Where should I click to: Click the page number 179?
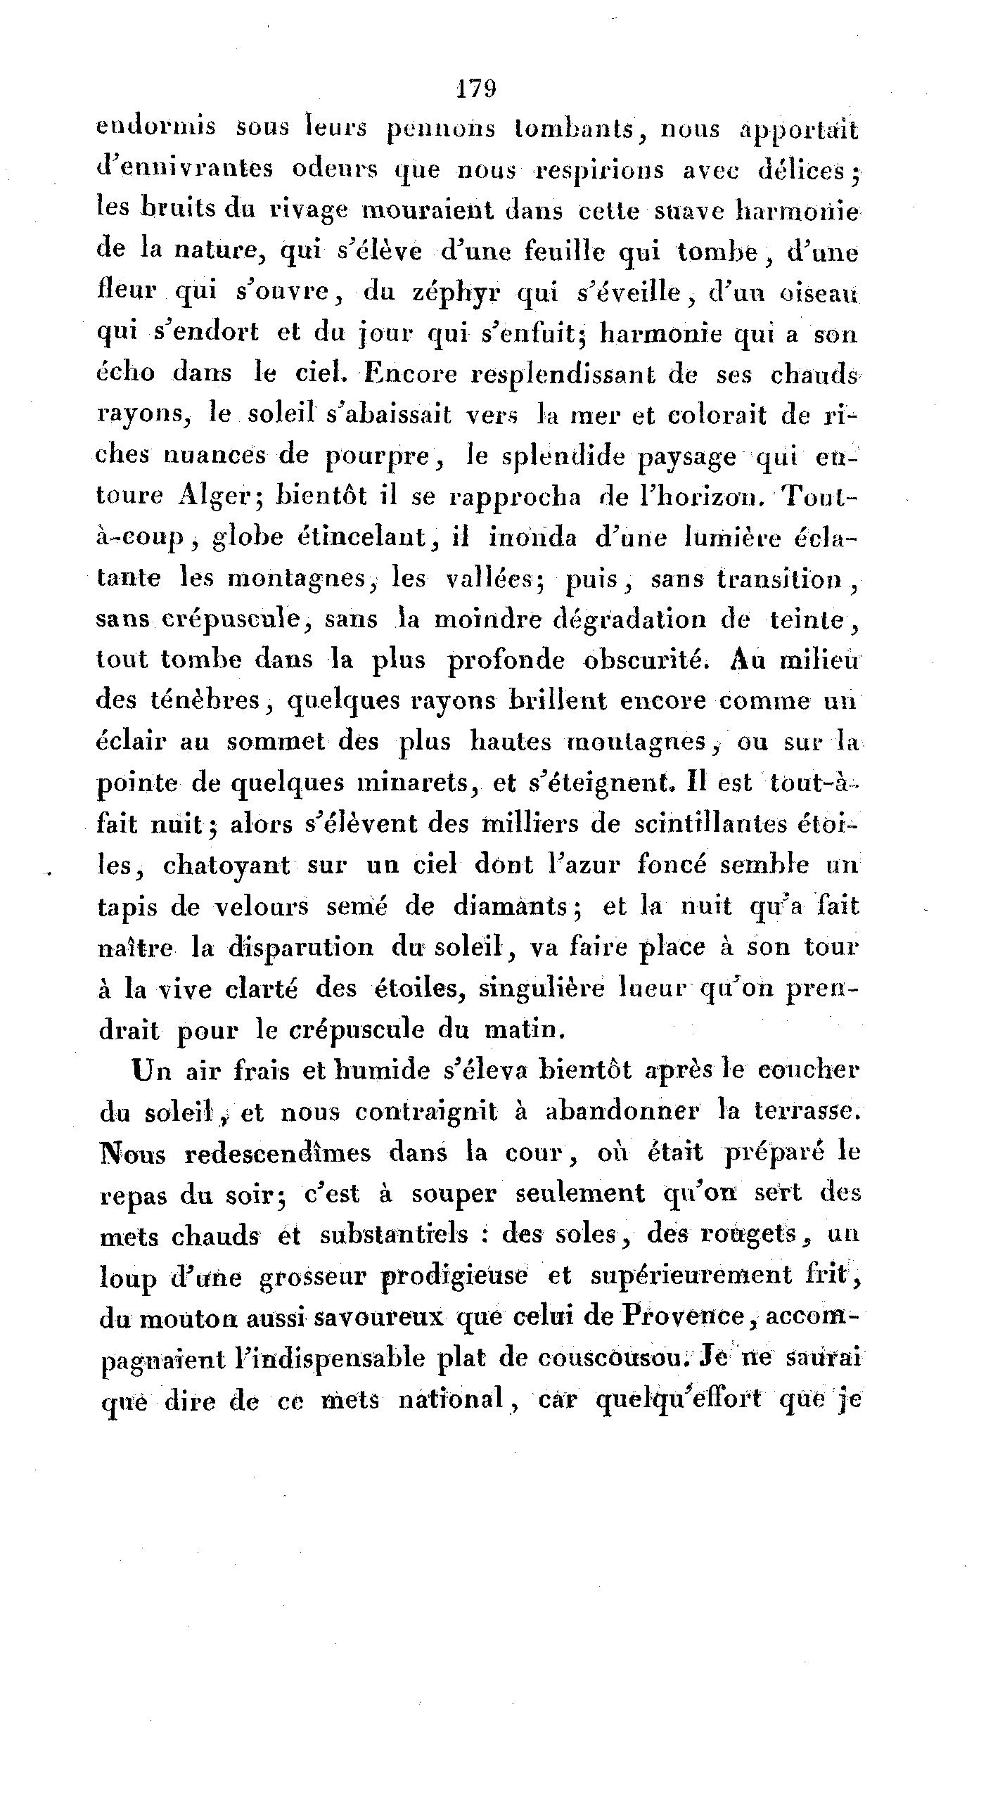pyautogui.click(x=477, y=90)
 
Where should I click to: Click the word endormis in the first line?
pyautogui.click(x=156, y=129)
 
